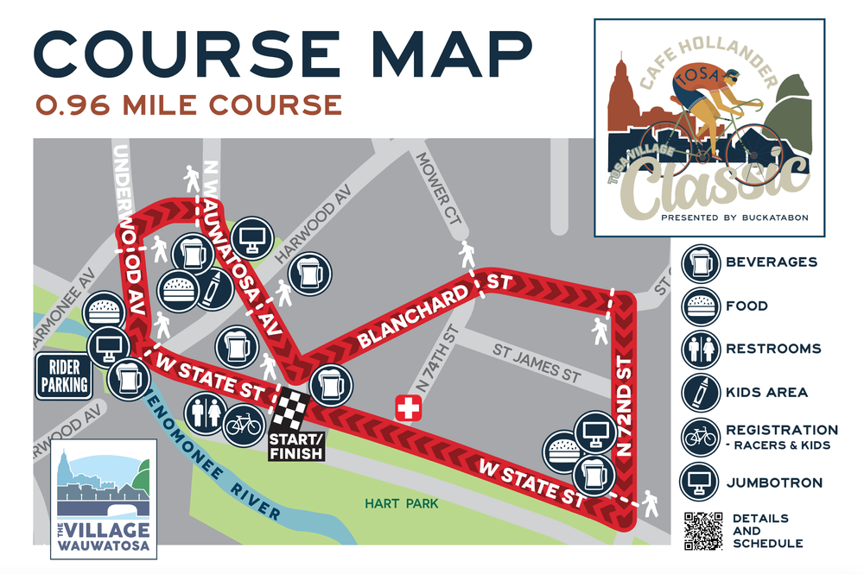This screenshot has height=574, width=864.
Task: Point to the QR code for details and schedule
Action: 702,531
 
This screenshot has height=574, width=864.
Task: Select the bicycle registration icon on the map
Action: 243,425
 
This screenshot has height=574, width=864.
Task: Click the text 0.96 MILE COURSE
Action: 188,104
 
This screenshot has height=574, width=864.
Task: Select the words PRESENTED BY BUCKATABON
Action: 734,218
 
